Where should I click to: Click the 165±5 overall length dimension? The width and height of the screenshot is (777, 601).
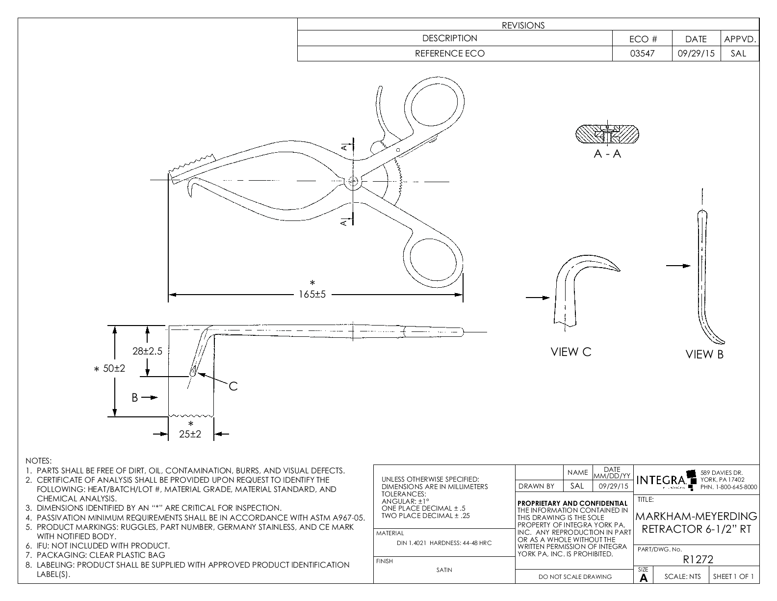(312, 295)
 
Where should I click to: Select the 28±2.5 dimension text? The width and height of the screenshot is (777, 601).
(147, 351)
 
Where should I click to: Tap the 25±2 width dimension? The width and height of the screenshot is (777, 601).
(190, 434)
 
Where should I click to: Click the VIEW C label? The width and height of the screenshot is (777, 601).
(571, 352)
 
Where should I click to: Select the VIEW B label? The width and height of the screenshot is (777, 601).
(704, 355)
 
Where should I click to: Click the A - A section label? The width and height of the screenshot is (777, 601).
(607, 154)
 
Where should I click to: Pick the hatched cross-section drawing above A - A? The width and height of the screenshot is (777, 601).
(607, 134)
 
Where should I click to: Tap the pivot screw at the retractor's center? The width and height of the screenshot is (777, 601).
(352, 182)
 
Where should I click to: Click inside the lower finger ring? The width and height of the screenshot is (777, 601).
(435, 259)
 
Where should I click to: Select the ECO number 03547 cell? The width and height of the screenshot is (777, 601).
(642, 54)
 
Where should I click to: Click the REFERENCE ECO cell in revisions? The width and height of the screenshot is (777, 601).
(450, 54)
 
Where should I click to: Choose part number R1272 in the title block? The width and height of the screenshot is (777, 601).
(698, 559)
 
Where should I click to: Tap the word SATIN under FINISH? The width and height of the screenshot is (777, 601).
(444, 570)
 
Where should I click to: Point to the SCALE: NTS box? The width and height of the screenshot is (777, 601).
(682, 576)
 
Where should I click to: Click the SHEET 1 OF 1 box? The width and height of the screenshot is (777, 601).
(733, 576)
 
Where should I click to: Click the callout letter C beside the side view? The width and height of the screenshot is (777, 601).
(233, 386)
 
